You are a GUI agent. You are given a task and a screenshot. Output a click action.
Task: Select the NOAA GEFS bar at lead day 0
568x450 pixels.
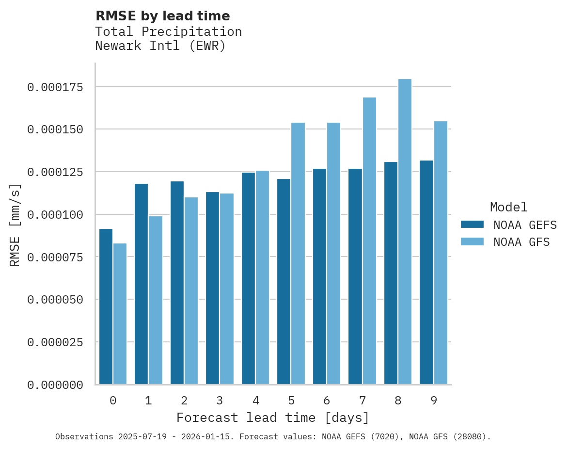[x=106, y=306]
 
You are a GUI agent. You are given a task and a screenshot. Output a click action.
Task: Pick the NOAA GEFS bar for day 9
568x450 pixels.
[x=426, y=273]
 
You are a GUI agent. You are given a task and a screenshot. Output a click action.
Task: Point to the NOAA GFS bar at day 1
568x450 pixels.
[x=156, y=300]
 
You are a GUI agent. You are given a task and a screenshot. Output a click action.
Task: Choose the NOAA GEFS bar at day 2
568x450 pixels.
[x=177, y=283]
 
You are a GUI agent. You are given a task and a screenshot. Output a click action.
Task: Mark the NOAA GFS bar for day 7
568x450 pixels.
[x=369, y=241]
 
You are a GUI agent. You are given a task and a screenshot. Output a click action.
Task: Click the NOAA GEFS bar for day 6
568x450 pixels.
[x=319, y=276]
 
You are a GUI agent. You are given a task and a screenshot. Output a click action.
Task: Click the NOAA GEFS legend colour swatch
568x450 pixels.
[x=472, y=225]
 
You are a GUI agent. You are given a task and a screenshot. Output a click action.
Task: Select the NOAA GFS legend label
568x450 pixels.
[x=521, y=242]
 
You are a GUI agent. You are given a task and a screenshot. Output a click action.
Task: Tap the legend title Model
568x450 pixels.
[x=508, y=207]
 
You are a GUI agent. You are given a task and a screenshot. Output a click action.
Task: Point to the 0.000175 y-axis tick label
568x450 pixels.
[x=55, y=87]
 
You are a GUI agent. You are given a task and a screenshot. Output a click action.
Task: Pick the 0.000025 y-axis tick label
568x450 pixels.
[x=55, y=342]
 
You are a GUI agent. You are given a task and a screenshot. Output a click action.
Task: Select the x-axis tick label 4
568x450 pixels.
[x=255, y=401]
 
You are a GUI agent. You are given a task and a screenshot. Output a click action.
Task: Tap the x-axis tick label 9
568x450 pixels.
[x=434, y=401]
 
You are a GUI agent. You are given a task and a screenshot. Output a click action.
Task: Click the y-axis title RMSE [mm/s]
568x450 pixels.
[x=15, y=225]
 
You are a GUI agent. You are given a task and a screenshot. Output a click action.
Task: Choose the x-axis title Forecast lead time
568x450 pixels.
[x=272, y=418]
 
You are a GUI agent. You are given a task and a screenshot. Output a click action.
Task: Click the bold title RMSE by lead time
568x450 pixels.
[x=162, y=16]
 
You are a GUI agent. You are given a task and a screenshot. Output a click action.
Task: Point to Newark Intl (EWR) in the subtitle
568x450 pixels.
[x=160, y=46]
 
